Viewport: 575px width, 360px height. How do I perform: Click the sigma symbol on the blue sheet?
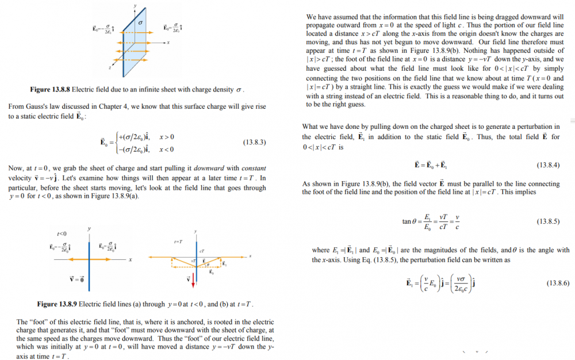click(139, 22)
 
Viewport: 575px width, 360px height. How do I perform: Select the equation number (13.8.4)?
click(548, 165)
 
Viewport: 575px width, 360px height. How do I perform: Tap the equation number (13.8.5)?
click(548, 221)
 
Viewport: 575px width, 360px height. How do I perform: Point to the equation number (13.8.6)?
click(548, 284)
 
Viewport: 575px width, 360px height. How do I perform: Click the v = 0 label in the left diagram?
click(77, 279)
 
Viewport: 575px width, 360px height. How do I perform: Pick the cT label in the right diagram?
click(202, 251)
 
